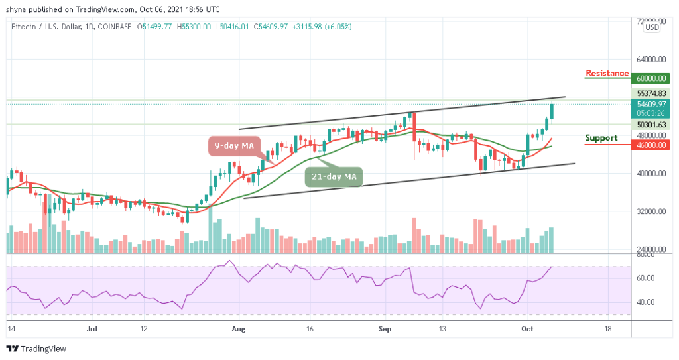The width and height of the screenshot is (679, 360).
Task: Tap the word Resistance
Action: (607, 73)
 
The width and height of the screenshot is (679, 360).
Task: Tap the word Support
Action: (601, 138)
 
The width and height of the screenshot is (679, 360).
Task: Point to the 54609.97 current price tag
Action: (652, 103)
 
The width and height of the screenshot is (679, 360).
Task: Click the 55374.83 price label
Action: (652, 93)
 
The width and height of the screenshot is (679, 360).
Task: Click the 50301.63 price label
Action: (652, 124)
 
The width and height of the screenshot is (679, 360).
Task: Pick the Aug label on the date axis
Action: (238, 328)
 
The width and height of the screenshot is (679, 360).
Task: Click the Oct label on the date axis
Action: (527, 328)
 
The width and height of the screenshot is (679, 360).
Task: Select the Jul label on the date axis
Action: (92, 328)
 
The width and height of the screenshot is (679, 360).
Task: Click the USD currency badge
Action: (652, 27)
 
